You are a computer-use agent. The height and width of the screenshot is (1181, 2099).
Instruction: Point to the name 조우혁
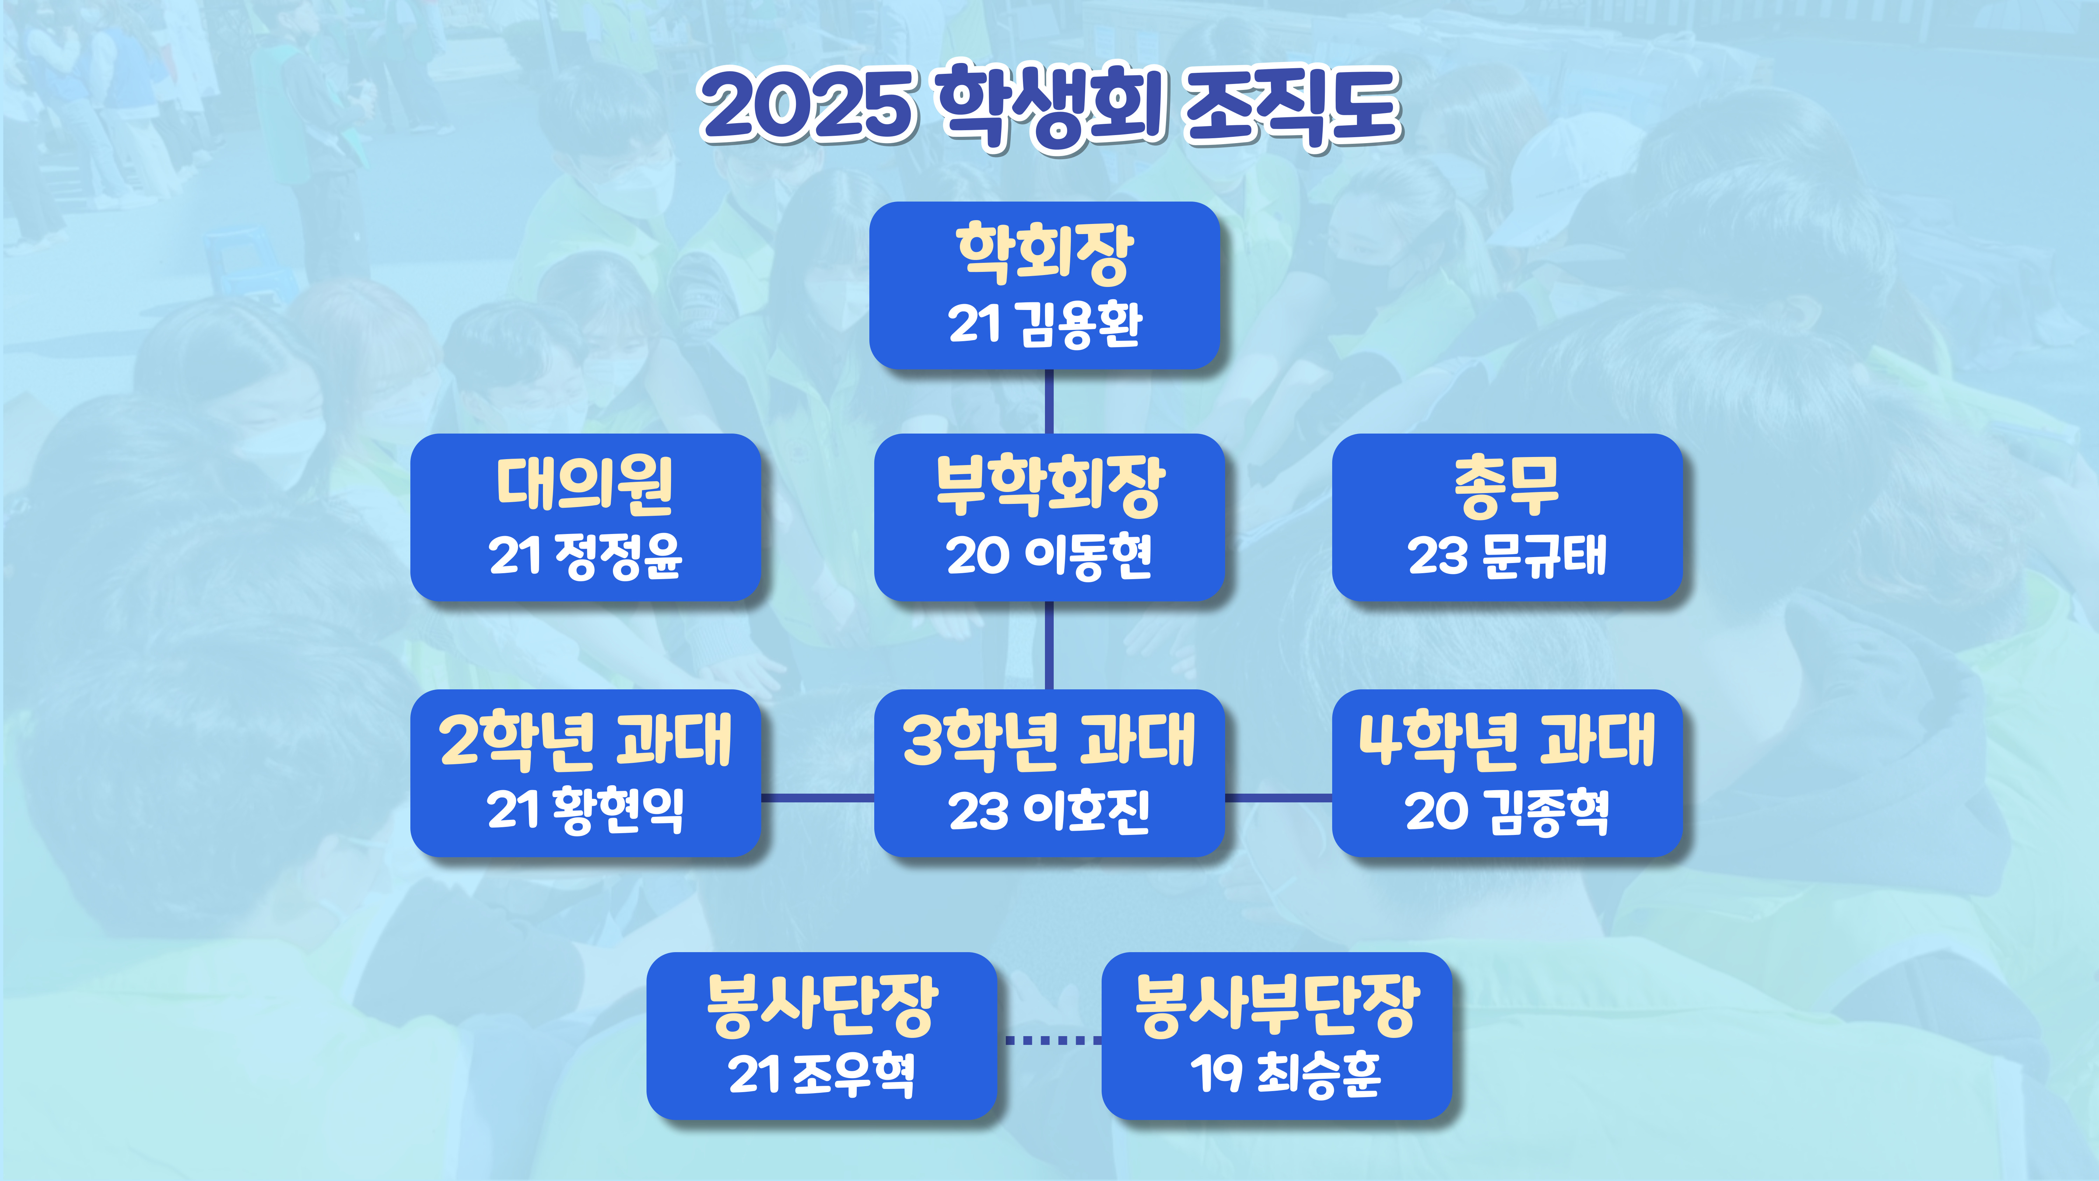tap(853, 1074)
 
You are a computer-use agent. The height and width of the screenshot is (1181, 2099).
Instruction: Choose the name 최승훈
tap(1319, 1074)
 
